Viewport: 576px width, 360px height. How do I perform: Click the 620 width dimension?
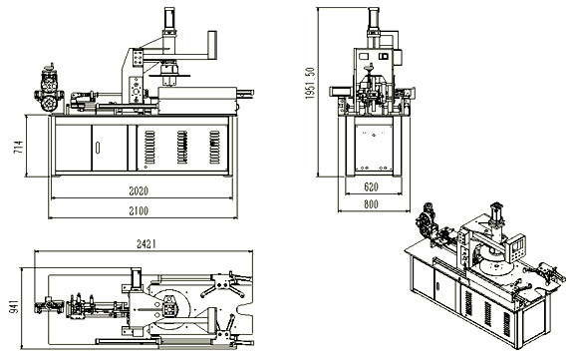click(x=371, y=187)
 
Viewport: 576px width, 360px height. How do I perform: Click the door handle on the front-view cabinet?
click(x=97, y=149)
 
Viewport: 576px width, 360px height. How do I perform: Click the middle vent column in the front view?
click(x=182, y=146)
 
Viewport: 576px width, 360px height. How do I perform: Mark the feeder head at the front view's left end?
click(x=47, y=89)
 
